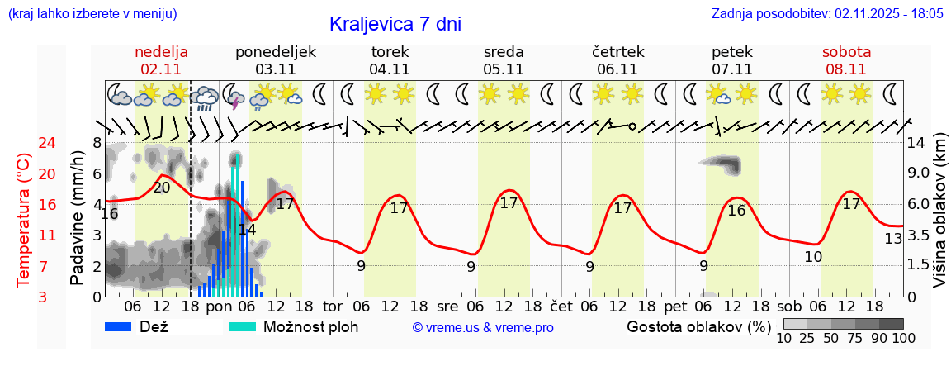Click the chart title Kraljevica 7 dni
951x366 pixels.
(x=395, y=24)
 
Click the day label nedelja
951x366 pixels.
(x=162, y=52)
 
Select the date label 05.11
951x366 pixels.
(x=504, y=69)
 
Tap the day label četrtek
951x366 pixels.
(x=617, y=52)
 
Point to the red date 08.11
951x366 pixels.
(x=846, y=69)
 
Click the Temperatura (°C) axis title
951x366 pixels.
(x=24, y=220)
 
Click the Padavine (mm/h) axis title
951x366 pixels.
(x=78, y=218)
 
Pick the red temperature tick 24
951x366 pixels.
(x=24, y=143)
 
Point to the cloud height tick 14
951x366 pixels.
(x=916, y=143)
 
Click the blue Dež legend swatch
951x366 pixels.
(x=124, y=326)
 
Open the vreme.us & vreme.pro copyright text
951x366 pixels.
(x=483, y=327)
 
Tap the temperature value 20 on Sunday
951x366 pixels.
(x=162, y=188)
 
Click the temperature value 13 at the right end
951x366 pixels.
(x=893, y=239)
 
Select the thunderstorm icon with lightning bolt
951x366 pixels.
(x=234, y=97)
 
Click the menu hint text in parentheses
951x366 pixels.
(x=92, y=14)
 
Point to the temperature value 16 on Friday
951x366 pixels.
(x=736, y=211)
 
